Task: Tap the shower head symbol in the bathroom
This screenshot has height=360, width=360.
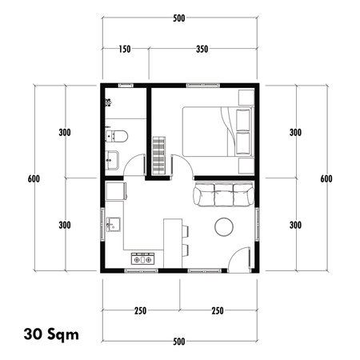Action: pos(106,102)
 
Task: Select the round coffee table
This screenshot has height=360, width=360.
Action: pos(223,227)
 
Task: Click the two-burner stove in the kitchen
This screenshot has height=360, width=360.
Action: pos(142,258)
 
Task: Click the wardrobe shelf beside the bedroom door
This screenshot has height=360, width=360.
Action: pos(158,154)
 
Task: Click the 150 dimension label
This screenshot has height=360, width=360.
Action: pos(124,49)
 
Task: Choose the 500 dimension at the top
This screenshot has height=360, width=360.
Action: pos(180,18)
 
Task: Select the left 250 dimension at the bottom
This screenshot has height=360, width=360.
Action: pos(140,311)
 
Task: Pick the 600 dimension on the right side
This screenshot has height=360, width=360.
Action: pos(326,178)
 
